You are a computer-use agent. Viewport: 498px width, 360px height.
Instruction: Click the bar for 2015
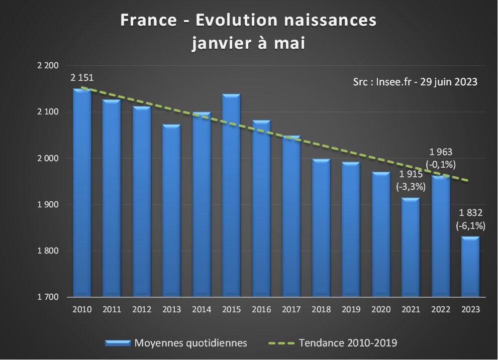click(231, 196)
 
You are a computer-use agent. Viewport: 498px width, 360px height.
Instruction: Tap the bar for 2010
click(82, 193)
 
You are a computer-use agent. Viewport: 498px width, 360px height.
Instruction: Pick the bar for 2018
click(321, 228)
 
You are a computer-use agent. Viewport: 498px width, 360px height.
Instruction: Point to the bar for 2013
click(171, 211)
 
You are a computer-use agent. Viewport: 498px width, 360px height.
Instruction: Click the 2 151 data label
click(82, 78)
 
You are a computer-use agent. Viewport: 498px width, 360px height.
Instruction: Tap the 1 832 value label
click(470, 213)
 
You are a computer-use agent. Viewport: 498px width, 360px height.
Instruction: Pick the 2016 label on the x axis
click(261, 310)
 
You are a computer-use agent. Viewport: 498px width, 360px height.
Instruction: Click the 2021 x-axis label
click(410, 310)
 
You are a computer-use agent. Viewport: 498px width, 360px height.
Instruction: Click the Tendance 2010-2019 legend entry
click(347, 343)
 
